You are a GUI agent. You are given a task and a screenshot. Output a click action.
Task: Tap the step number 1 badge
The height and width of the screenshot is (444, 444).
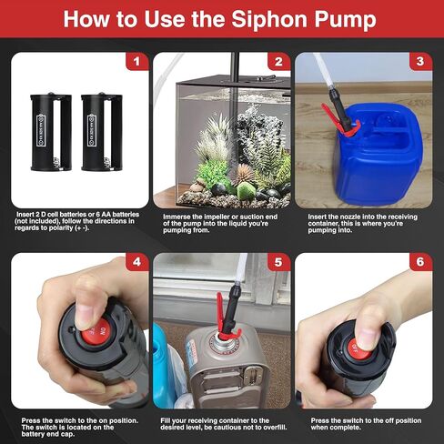(x=136, y=63)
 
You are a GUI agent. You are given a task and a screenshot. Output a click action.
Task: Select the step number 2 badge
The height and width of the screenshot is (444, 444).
(x=278, y=63)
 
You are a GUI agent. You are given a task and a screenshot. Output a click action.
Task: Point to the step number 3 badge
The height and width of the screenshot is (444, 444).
(x=419, y=63)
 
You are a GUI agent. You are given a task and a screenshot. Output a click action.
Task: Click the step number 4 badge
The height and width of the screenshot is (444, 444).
(x=136, y=264)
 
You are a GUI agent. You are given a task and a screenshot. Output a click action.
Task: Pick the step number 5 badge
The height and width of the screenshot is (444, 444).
(x=278, y=264)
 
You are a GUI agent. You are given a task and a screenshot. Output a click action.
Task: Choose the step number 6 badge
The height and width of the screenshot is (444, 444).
(x=419, y=264)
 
